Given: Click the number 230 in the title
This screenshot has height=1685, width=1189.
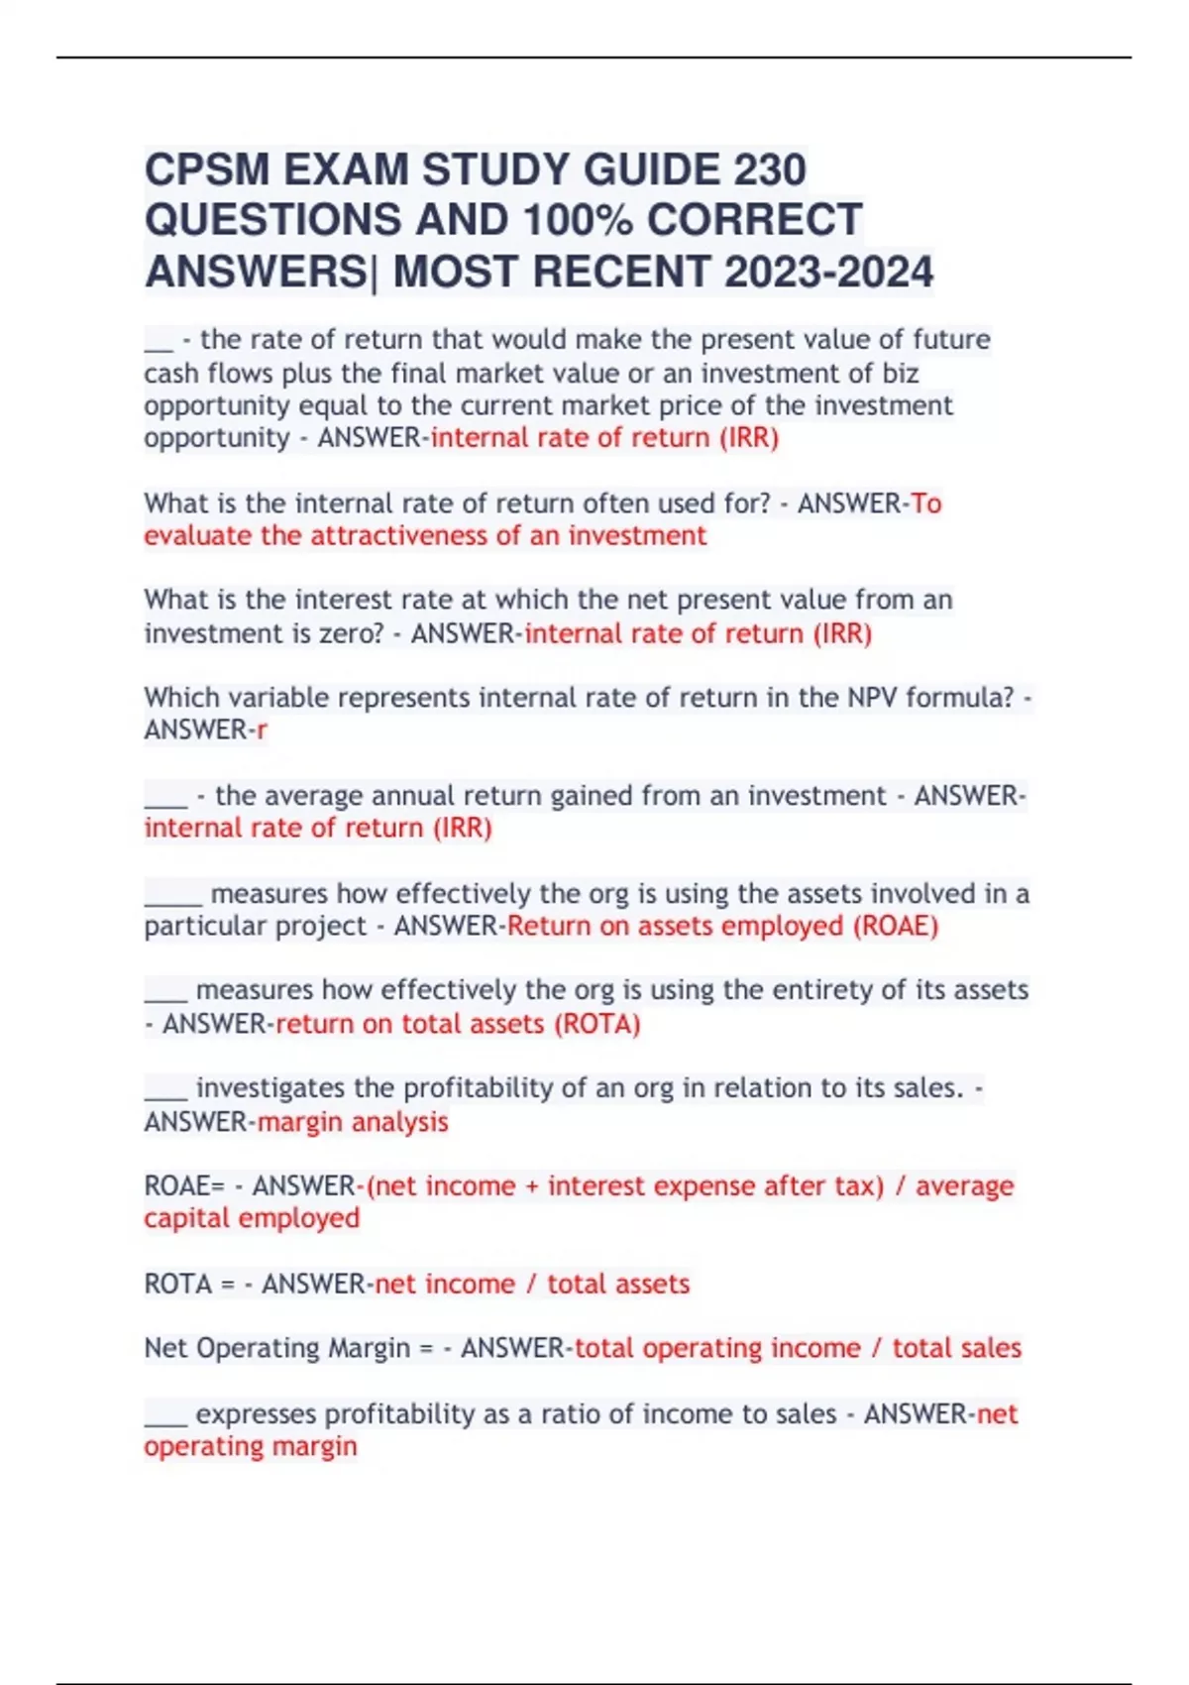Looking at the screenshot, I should click(x=770, y=169).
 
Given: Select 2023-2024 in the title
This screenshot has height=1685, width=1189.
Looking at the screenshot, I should click(x=828, y=272).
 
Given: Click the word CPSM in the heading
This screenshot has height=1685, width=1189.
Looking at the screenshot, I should click(x=207, y=169).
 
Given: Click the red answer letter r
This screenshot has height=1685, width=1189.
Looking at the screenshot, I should click(x=262, y=730).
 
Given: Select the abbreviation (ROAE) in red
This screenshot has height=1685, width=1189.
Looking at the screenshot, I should click(x=895, y=926).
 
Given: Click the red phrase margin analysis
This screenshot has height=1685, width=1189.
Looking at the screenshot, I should click(x=353, y=1121).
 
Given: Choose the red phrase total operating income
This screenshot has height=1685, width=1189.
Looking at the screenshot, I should click(x=717, y=1348).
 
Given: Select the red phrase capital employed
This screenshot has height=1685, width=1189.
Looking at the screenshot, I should click(x=252, y=1218).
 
